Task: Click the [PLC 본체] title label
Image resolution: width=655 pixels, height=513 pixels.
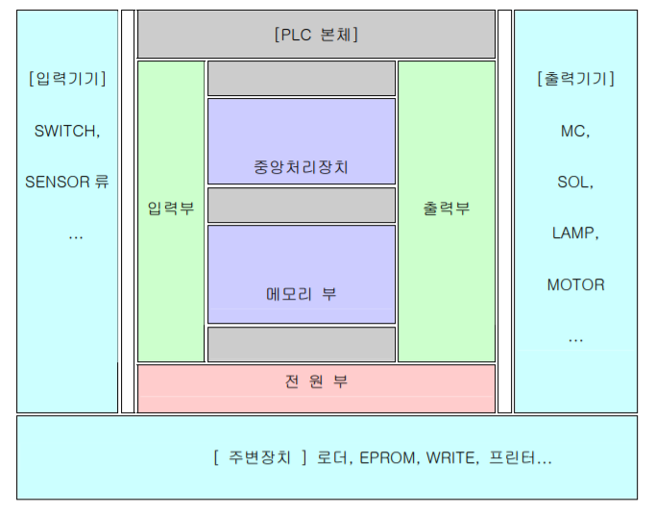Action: point(316,35)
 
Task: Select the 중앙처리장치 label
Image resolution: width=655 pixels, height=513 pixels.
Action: point(301,166)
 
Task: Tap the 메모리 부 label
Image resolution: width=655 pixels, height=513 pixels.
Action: point(301,293)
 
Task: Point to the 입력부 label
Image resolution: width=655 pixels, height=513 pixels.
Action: point(171,208)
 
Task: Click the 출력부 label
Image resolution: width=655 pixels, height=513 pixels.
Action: point(447,208)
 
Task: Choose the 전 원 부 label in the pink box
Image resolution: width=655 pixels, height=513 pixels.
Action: point(316,381)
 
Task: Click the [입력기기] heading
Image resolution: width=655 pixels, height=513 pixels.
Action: point(67,79)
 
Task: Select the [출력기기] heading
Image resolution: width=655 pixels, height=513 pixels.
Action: point(575,79)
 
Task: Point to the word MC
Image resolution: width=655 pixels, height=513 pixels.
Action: point(574,131)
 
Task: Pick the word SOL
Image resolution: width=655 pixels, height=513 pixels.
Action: point(574,182)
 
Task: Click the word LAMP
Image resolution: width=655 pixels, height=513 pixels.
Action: point(575,232)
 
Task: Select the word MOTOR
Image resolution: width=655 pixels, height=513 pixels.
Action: point(575,284)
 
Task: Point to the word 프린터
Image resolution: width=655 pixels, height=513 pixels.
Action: point(514,458)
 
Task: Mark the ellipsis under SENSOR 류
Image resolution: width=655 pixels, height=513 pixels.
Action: point(75,234)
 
